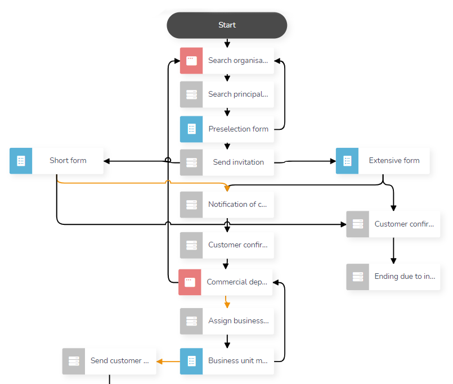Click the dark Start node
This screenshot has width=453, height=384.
click(x=227, y=25)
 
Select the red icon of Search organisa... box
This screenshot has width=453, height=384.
click(x=191, y=61)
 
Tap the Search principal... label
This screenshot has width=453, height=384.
click(x=237, y=94)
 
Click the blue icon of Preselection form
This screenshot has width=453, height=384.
click(x=191, y=129)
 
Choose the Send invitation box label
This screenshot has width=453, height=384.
click(x=238, y=162)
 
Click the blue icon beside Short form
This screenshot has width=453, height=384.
click(x=21, y=161)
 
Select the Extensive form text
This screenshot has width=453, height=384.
click(x=394, y=161)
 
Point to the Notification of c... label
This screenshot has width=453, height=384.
click(x=237, y=205)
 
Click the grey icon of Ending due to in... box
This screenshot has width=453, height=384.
click(x=358, y=277)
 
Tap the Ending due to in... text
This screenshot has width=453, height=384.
click(x=404, y=277)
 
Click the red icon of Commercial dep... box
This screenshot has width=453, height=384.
click(x=190, y=282)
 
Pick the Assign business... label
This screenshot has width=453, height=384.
click(x=238, y=321)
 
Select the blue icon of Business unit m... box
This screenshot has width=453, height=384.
click(x=191, y=361)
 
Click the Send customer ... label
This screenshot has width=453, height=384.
click(x=119, y=361)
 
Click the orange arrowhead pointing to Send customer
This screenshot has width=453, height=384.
click(x=160, y=361)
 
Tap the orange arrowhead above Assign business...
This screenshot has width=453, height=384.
click(x=227, y=304)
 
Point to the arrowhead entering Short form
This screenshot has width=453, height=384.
click(x=107, y=161)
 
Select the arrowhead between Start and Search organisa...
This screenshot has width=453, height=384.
click(x=227, y=44)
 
